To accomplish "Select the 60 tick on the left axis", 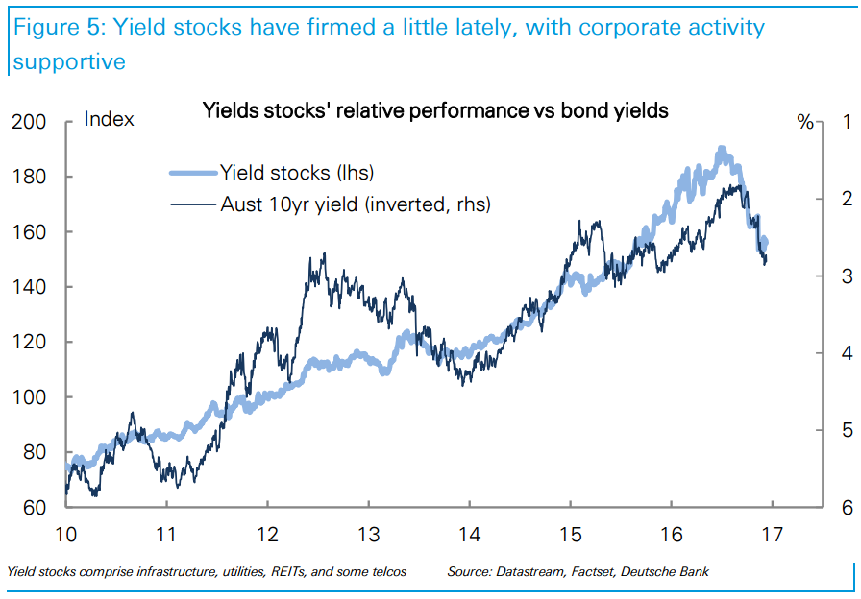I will pyautogui.click(x=35, y=508).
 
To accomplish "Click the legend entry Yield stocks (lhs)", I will pyautogui.click(x=296, y=174).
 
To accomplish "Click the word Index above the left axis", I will pyautogui.click(x=110, y=120).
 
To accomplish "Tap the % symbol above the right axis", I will pyautogui.click(x=805, y=122).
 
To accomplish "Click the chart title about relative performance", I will pyautogui.click(x=434, y=110).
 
